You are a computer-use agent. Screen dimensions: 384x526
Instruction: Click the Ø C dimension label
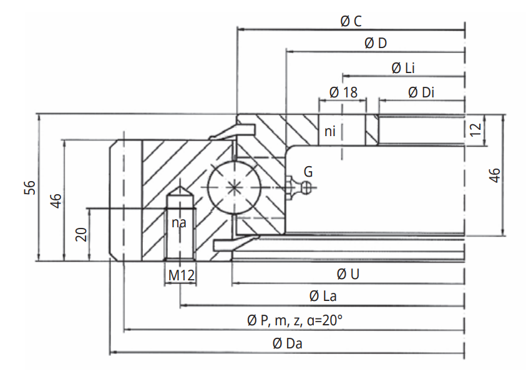pos(351,21)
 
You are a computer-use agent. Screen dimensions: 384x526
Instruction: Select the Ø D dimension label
pos(374,43)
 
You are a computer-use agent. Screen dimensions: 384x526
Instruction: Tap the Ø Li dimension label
pos(403,68)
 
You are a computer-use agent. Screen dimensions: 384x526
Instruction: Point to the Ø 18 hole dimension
pos(343,92)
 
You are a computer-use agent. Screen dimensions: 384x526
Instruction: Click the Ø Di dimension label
pos(421,92)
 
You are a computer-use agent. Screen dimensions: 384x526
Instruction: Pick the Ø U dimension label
pos(348,274)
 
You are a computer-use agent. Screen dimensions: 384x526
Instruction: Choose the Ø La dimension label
pos(323,297)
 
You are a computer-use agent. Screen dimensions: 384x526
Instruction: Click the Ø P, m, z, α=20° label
pos(295,320)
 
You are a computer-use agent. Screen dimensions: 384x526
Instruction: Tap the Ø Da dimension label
pos(288,343)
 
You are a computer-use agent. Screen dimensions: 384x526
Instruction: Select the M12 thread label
pos(180,274)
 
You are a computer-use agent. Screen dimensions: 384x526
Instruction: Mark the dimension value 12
pos(476,130)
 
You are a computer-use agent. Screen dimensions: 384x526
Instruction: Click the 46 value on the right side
pos(494,175)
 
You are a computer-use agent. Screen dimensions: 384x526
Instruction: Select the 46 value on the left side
pos(56,201)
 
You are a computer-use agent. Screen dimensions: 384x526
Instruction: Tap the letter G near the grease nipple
pos(308,170)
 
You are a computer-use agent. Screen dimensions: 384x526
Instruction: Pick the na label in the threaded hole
pos(178,222)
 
